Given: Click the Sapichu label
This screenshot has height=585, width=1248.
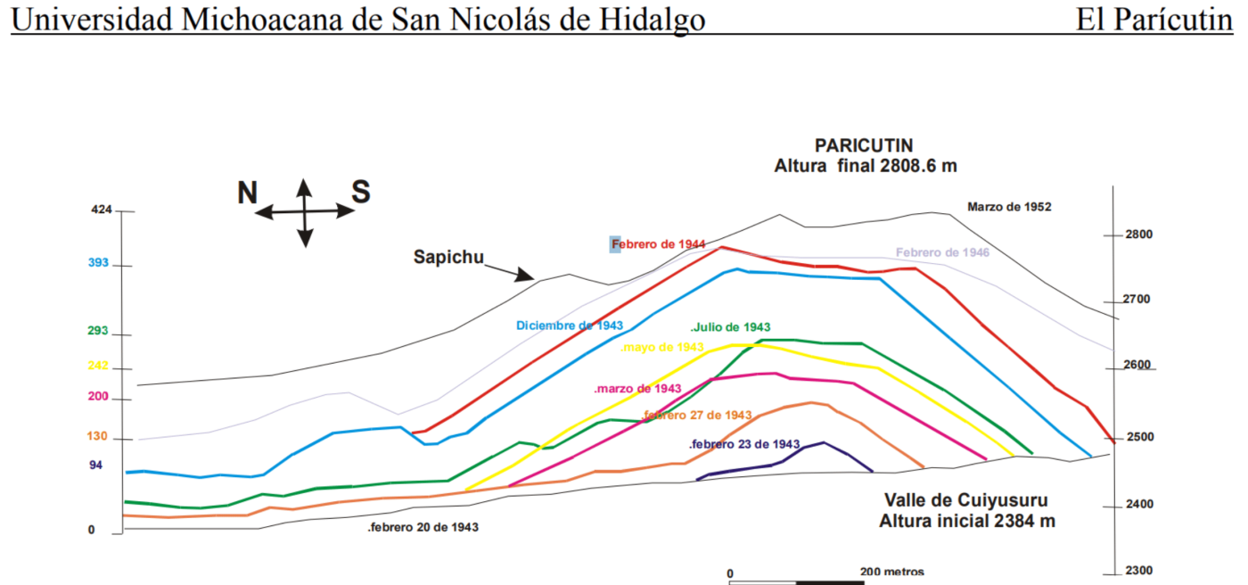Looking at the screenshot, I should (448, 258).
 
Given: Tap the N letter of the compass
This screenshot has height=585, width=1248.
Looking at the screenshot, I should (248, 193).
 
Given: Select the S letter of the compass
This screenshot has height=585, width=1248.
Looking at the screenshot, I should (360, 192).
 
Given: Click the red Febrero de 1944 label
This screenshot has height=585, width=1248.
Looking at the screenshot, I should (659, 243).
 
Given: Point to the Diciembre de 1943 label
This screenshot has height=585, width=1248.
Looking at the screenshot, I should (570, 325).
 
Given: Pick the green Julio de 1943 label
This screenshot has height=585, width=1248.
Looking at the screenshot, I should (730, 327).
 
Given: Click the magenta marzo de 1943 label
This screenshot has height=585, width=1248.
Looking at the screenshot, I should (637, 389).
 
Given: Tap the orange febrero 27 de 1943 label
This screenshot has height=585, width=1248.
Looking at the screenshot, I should (696, 416).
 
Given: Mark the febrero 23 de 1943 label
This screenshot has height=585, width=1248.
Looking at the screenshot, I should (744, 444).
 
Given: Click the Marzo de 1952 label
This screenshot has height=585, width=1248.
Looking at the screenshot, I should (1009, 207).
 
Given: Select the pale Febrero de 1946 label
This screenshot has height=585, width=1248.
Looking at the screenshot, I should (942, 252).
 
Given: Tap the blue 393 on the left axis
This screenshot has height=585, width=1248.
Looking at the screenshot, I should (98, 263).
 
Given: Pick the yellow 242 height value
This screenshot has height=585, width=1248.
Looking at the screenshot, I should (98, 365).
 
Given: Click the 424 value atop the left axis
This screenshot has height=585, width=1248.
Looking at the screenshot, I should (102, 210).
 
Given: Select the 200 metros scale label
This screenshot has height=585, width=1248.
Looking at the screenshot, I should (892, 572).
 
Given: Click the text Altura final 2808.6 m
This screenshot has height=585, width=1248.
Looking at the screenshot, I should (865, 166).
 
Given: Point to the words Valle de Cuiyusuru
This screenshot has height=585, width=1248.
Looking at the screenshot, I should (966, 499).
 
